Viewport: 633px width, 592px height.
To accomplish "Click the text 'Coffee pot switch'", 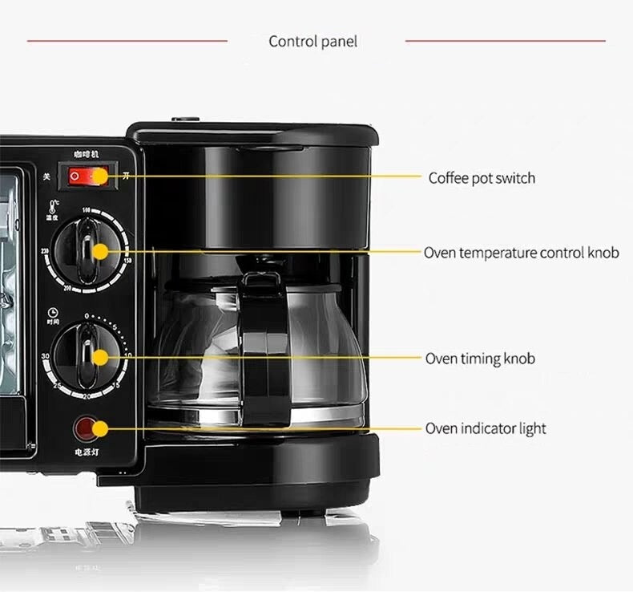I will [x=482, y=178].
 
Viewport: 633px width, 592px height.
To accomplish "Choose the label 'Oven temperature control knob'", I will [x=522, y=253].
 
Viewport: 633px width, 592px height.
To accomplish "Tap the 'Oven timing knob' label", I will [x=480, y=359].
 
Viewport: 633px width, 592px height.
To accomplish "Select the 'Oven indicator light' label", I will [x=486, y=429].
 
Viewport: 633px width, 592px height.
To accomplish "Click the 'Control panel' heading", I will [x=313, y=42].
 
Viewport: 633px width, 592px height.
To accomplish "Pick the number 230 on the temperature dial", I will [x=46, y=251].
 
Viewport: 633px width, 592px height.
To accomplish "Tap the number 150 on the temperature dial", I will [x=128, y=259].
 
